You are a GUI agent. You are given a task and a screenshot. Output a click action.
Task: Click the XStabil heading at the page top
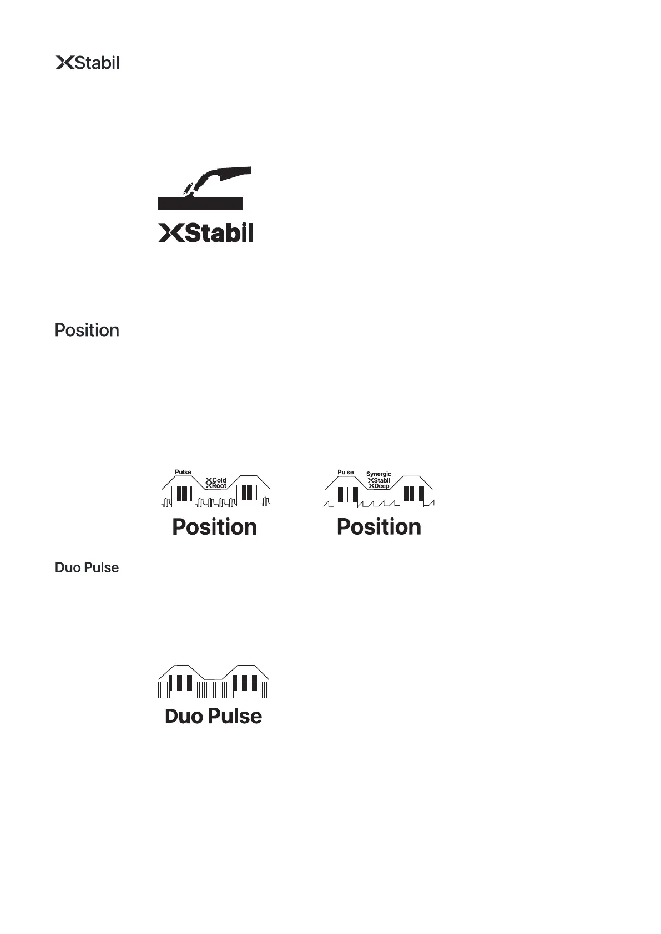coord(88,63)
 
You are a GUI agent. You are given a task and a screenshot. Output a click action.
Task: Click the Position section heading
coord(87,331)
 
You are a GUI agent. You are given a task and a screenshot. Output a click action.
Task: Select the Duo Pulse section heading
coord(87,568)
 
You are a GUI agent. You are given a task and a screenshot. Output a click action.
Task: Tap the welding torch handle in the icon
coord(235,173)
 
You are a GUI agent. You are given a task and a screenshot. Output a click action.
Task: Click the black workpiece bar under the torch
coord(200,202)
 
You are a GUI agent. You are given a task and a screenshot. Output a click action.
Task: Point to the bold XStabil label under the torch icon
coord(206,233)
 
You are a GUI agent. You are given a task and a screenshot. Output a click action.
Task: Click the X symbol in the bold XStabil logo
coord(171,233)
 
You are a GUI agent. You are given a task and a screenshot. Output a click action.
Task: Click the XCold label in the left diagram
coord(216,480)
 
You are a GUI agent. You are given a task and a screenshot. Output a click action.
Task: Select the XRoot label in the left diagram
coord(216,486)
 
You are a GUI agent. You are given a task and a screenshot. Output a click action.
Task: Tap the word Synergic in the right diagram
coord(379,474)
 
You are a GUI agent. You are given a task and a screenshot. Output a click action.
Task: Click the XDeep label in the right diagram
coord(379,486)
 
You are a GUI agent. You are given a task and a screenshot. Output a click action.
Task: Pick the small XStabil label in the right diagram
coord(379,480)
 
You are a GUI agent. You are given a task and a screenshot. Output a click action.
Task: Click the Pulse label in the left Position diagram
coord(183,472)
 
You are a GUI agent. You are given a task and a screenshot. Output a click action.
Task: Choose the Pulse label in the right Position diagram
coord(346,472)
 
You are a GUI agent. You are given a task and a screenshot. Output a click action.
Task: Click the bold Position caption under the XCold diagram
coord(215,527)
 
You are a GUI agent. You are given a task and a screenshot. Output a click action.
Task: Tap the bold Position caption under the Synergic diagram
coord(379,527)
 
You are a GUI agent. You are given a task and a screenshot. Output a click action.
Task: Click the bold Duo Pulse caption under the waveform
coord(214,716)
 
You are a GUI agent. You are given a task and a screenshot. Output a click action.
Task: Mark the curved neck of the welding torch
coord(204,177)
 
